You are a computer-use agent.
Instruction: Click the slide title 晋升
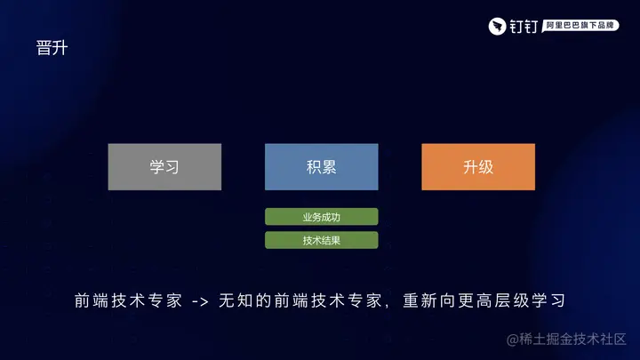coord(52,48)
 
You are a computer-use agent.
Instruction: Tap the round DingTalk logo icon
coord(497,27)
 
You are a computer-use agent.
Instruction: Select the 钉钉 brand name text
coord(524,27)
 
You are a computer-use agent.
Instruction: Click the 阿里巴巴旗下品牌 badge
coord(580,25)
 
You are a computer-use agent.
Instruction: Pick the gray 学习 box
coord(164,166)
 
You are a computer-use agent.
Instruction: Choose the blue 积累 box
coord(321,166)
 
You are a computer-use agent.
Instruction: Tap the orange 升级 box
coord(478,166)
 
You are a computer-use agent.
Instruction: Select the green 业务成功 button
coord(321,217)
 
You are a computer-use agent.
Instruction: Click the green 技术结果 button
coord(321,240)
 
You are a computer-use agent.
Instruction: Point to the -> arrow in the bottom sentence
coord(200,301)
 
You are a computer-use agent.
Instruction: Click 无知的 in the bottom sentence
coord(245,300)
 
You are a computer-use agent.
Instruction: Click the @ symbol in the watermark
coord(513,340)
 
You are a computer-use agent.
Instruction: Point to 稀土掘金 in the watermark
coord(545,339)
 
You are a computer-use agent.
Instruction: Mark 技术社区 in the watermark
coord(599,339)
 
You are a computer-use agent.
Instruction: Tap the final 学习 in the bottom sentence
coord(548,300)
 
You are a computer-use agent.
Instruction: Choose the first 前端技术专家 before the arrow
coord(128,300)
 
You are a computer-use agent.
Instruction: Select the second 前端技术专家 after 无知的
coord(328,300)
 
